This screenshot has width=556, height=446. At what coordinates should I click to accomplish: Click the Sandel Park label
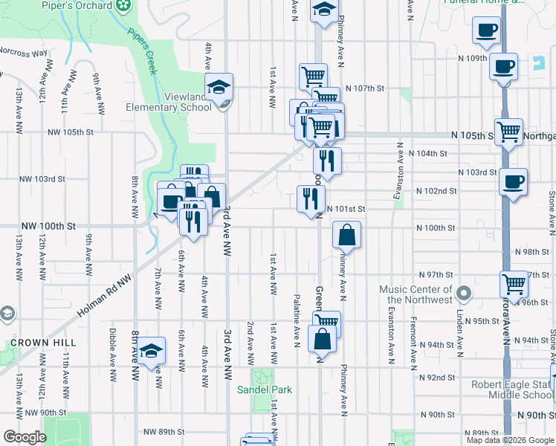tap(265, 390)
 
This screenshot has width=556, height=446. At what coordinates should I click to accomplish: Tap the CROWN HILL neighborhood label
tap(42, 342)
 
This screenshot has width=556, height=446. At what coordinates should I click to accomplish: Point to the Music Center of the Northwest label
tap(416, 294)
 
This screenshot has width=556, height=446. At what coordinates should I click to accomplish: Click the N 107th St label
tap(369, 88)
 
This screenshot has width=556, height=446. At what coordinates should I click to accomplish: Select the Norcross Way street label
tap(23, 54)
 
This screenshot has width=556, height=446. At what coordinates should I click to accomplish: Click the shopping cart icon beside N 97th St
tap(514, 283)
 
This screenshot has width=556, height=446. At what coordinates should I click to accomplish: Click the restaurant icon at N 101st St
tap(311, 198)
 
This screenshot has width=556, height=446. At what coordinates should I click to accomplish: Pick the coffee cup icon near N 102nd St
tap(513, 181)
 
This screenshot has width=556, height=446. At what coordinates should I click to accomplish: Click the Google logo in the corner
tap(25, 436)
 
